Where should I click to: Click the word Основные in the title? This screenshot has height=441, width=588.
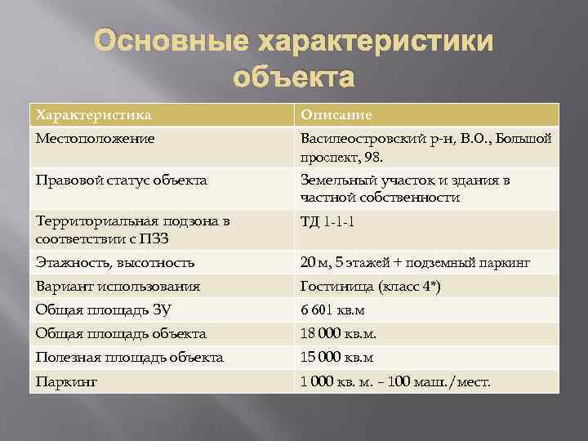pos(171,42)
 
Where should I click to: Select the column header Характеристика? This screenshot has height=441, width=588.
pos(94,115)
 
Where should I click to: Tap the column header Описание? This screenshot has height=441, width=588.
pos(336,115)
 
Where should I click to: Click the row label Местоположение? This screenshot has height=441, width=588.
pos(95,139)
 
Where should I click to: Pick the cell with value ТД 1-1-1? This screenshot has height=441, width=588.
pos(327,222)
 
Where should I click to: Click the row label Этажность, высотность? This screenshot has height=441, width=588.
pos(115,262)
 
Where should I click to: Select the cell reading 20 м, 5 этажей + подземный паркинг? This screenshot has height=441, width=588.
pos(415,262)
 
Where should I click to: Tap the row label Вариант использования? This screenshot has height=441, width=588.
pos(118,287)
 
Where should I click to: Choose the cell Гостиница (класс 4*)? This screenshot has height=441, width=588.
pos(370,287)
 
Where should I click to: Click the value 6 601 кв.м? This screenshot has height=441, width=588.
pos(332,310)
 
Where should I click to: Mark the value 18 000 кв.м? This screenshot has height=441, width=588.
pos(338,334)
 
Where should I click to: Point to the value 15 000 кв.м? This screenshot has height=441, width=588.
pos(336,358)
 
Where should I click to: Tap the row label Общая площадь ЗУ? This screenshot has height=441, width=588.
pos(103,310)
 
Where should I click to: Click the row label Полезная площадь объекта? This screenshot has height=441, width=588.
pos(129,358)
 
